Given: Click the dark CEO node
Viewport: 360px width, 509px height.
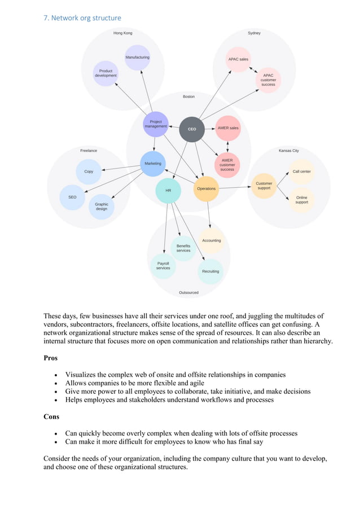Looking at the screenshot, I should [x=192, y=129].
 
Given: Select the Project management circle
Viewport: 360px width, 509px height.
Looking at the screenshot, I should [x=156, y=124].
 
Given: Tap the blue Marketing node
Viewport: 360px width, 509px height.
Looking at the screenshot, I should [x=152, y=164].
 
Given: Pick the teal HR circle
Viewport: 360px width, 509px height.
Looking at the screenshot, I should [x=168, y=191].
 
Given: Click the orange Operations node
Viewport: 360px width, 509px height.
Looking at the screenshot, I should [x=206, y=189].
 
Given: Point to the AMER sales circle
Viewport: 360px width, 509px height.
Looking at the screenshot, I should [x=228, y=128].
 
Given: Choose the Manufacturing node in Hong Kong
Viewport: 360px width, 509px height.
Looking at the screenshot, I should [x=137, y=58].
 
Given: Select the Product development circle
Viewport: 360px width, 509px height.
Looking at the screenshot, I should [x=106, y=73].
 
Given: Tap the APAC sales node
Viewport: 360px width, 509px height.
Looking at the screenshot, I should [x=238, y=59].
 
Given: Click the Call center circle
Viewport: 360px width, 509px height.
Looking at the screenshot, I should [x=301, y=172].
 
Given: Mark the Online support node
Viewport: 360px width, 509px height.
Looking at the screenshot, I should [x=301, y=200].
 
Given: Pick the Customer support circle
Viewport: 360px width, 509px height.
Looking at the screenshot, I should [x=264, y=185].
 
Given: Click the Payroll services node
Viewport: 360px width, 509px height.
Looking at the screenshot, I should [x=163, y=266].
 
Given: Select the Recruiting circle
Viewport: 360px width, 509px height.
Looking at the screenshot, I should [x=210, y=271].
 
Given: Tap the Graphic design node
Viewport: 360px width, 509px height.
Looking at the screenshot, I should [x=102, y=207].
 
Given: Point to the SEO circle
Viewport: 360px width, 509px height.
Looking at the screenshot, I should [x=72, y=197].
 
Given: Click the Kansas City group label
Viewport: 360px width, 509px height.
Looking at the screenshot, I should [x=288, y=151].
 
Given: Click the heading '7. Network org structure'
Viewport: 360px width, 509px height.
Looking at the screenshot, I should [x=82, y=18].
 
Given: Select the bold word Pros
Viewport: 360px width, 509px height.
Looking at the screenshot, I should [x=50, y=358].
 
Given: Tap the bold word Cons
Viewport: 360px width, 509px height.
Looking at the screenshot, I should [x=51, y=416].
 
